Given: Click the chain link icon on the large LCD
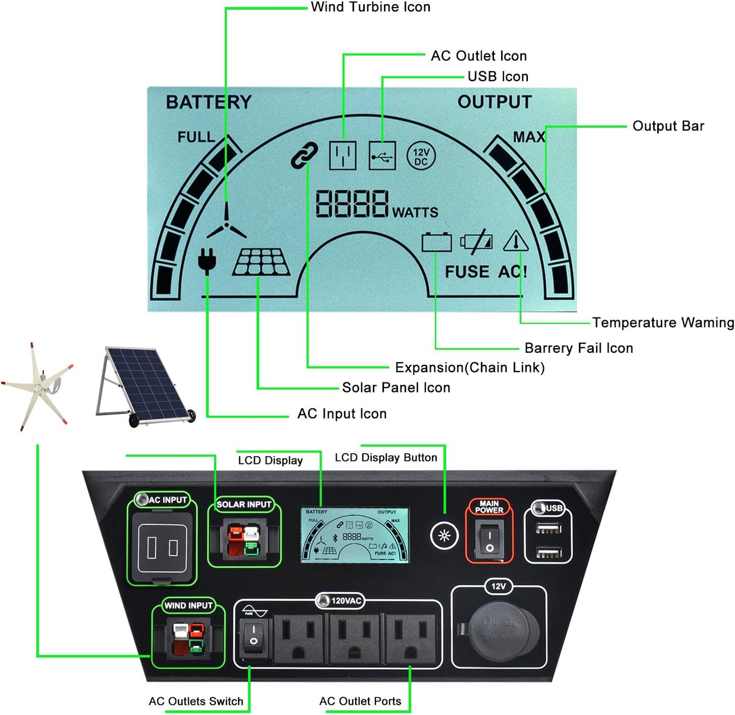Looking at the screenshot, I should (x=304, y=155).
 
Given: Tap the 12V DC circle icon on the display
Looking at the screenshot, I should (x=421, y=156).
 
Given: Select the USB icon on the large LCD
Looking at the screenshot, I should (x=382, y=156).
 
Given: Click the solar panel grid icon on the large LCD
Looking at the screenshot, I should (x=261, y=262).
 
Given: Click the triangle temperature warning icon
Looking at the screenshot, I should (x=516, y=241).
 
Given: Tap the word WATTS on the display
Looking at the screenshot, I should (x=415, y=212).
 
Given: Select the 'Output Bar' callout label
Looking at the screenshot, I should (x=668, y=126).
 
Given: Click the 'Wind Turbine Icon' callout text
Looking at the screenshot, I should (x=370, y=7).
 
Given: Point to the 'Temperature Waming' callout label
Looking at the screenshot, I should (x=663, y=323).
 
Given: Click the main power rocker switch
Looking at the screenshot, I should (x=489, y=542).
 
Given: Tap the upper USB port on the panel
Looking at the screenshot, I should (x=548, y=529).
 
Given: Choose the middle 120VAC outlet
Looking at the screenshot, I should (x=354, y=639).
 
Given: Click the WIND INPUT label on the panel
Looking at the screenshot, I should (x=188, y=605).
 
